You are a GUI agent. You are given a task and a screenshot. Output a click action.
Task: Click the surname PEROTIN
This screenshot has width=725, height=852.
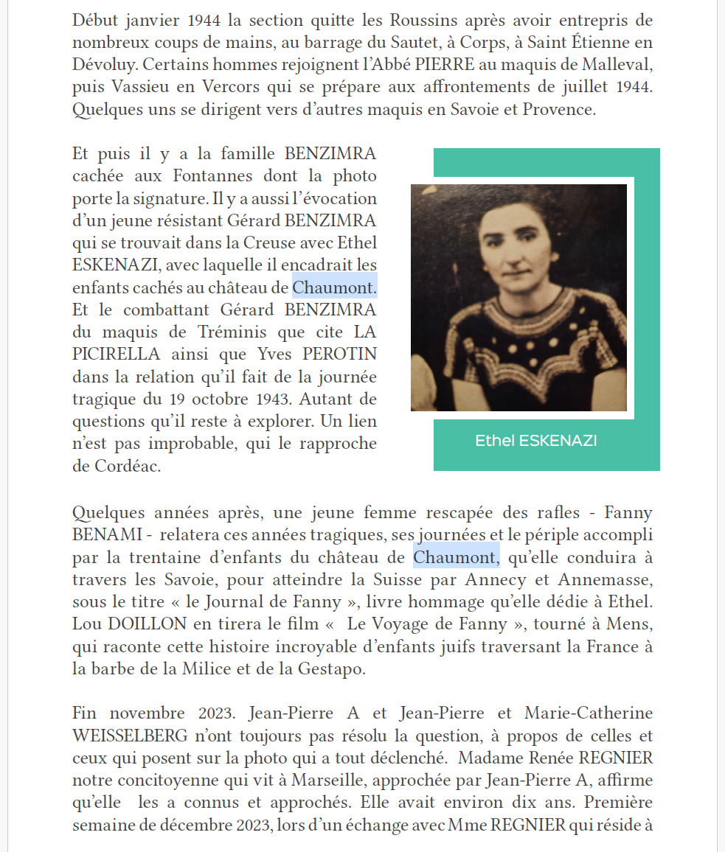(x=336, y=354)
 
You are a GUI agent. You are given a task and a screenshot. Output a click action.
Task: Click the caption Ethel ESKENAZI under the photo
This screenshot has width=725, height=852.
(x=536, y=441)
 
